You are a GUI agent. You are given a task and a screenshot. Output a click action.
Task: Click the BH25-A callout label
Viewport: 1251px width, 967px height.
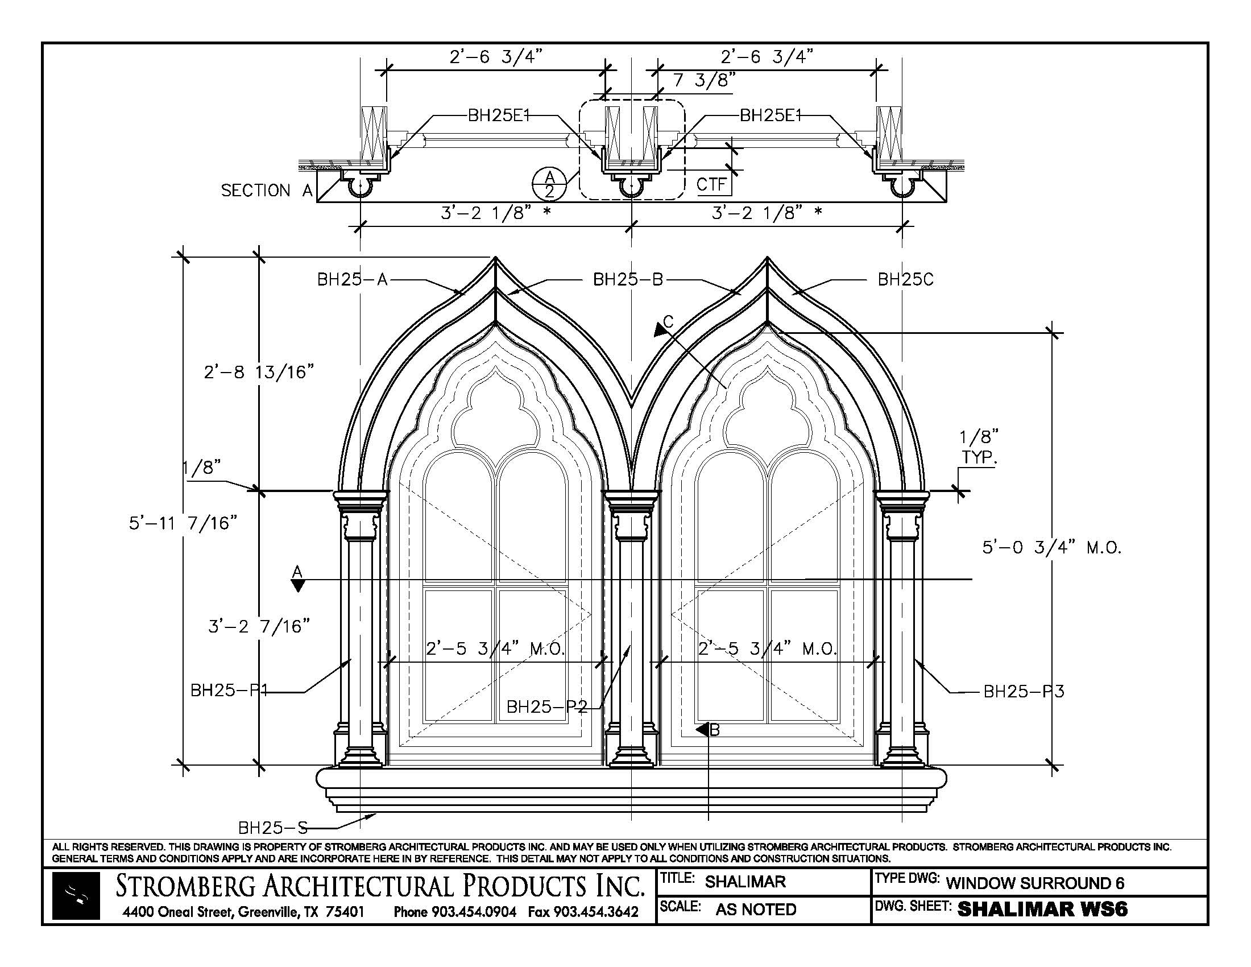point(353,279)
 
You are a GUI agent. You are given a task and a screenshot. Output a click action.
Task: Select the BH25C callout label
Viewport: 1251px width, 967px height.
point(905,279)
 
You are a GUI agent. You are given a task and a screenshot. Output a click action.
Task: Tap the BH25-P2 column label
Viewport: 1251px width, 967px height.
point(547,707)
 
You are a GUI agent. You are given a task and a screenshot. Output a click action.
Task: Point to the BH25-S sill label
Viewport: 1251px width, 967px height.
point(272,827)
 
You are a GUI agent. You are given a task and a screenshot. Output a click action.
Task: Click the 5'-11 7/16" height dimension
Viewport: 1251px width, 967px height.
point(183,523)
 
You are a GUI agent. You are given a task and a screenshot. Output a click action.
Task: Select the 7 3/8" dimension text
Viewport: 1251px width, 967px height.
point(703,80)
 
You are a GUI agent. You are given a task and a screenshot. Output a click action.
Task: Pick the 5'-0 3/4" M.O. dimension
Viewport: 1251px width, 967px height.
point(1051,548)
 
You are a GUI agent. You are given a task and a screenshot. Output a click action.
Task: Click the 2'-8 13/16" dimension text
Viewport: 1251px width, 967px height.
point(259,373)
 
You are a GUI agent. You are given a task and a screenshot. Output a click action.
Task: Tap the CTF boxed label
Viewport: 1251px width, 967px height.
point(712,184)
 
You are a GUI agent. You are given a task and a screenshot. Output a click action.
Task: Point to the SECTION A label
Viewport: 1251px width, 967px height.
point(266,191)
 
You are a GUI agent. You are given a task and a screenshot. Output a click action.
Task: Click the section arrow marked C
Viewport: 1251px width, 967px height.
point(662,327)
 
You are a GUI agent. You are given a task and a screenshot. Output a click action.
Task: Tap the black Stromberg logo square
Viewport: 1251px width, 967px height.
point(76,896)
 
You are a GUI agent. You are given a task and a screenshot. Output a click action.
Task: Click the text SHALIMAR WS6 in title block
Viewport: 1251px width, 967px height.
point(1042,909)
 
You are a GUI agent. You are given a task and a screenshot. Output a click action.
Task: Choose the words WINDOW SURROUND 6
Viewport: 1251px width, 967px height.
point(1034,883)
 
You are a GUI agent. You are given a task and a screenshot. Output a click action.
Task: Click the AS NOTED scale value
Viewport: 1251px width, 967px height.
point(756,909)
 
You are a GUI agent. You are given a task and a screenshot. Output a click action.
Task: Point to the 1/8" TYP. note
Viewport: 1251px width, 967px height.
point(979,448)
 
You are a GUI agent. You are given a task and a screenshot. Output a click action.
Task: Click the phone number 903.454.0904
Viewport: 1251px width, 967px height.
point(455,911)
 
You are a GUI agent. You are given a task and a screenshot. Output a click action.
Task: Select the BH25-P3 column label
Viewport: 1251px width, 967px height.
point(1024,692)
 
